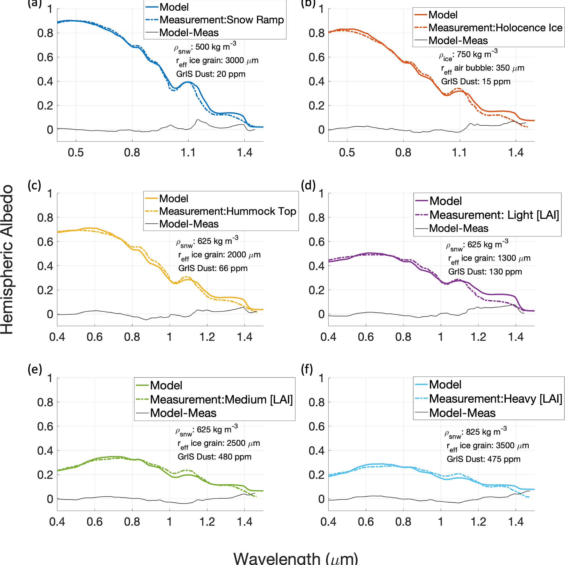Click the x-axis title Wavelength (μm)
pos(295,557)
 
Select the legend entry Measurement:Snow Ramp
pos(222,20)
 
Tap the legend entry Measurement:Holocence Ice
pos(495,28)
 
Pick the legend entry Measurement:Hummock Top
pos(227,211)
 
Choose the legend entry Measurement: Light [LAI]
pos(494,215)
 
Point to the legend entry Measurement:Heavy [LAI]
pos(495,399)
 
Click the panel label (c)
pos(34,185)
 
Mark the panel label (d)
pos(308,185)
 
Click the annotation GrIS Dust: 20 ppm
pos(210,74)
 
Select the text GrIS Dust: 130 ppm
pos(485,272)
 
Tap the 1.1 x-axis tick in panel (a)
pos(188,152)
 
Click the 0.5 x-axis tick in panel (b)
pos(347,152)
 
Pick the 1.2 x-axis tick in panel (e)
pos(207,522)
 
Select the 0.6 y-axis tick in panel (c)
pos(45,242)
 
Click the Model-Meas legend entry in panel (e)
pos(183,413)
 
